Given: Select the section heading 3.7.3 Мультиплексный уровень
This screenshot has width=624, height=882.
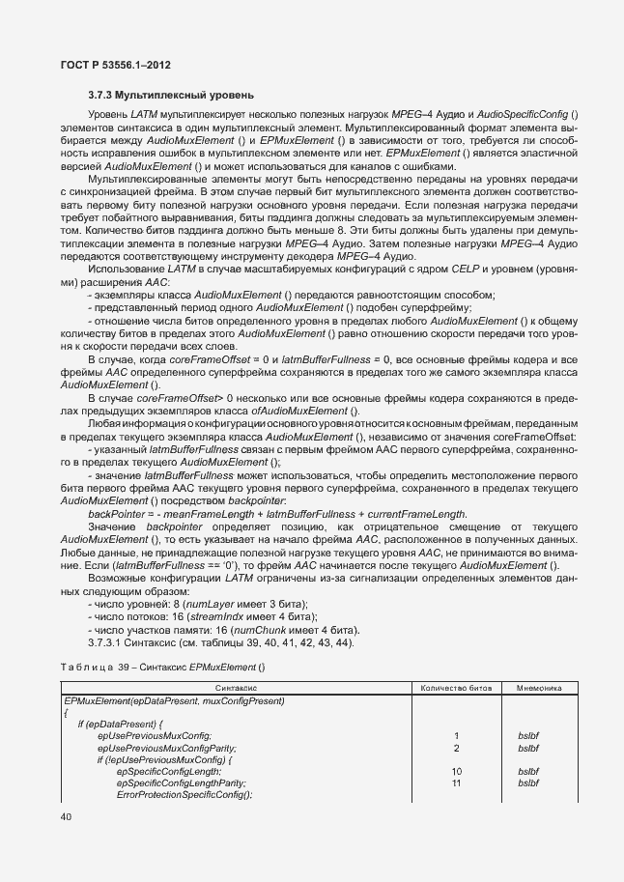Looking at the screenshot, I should pos(171,96).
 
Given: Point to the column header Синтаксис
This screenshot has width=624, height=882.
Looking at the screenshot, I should pos(236,688).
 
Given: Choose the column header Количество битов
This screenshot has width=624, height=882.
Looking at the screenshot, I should pos(454,688).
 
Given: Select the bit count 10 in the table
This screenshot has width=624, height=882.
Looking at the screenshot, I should pos(455,772).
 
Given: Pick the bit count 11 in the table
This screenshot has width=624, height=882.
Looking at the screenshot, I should pos(455,782).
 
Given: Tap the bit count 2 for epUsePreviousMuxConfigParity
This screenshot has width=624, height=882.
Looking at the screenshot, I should pos(455,748).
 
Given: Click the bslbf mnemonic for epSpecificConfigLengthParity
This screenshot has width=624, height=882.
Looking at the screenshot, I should pos(528,782).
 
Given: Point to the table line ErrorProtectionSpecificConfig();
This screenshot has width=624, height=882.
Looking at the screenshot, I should pos(184,794).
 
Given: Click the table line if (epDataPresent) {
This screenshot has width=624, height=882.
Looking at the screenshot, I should pos(124,724).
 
